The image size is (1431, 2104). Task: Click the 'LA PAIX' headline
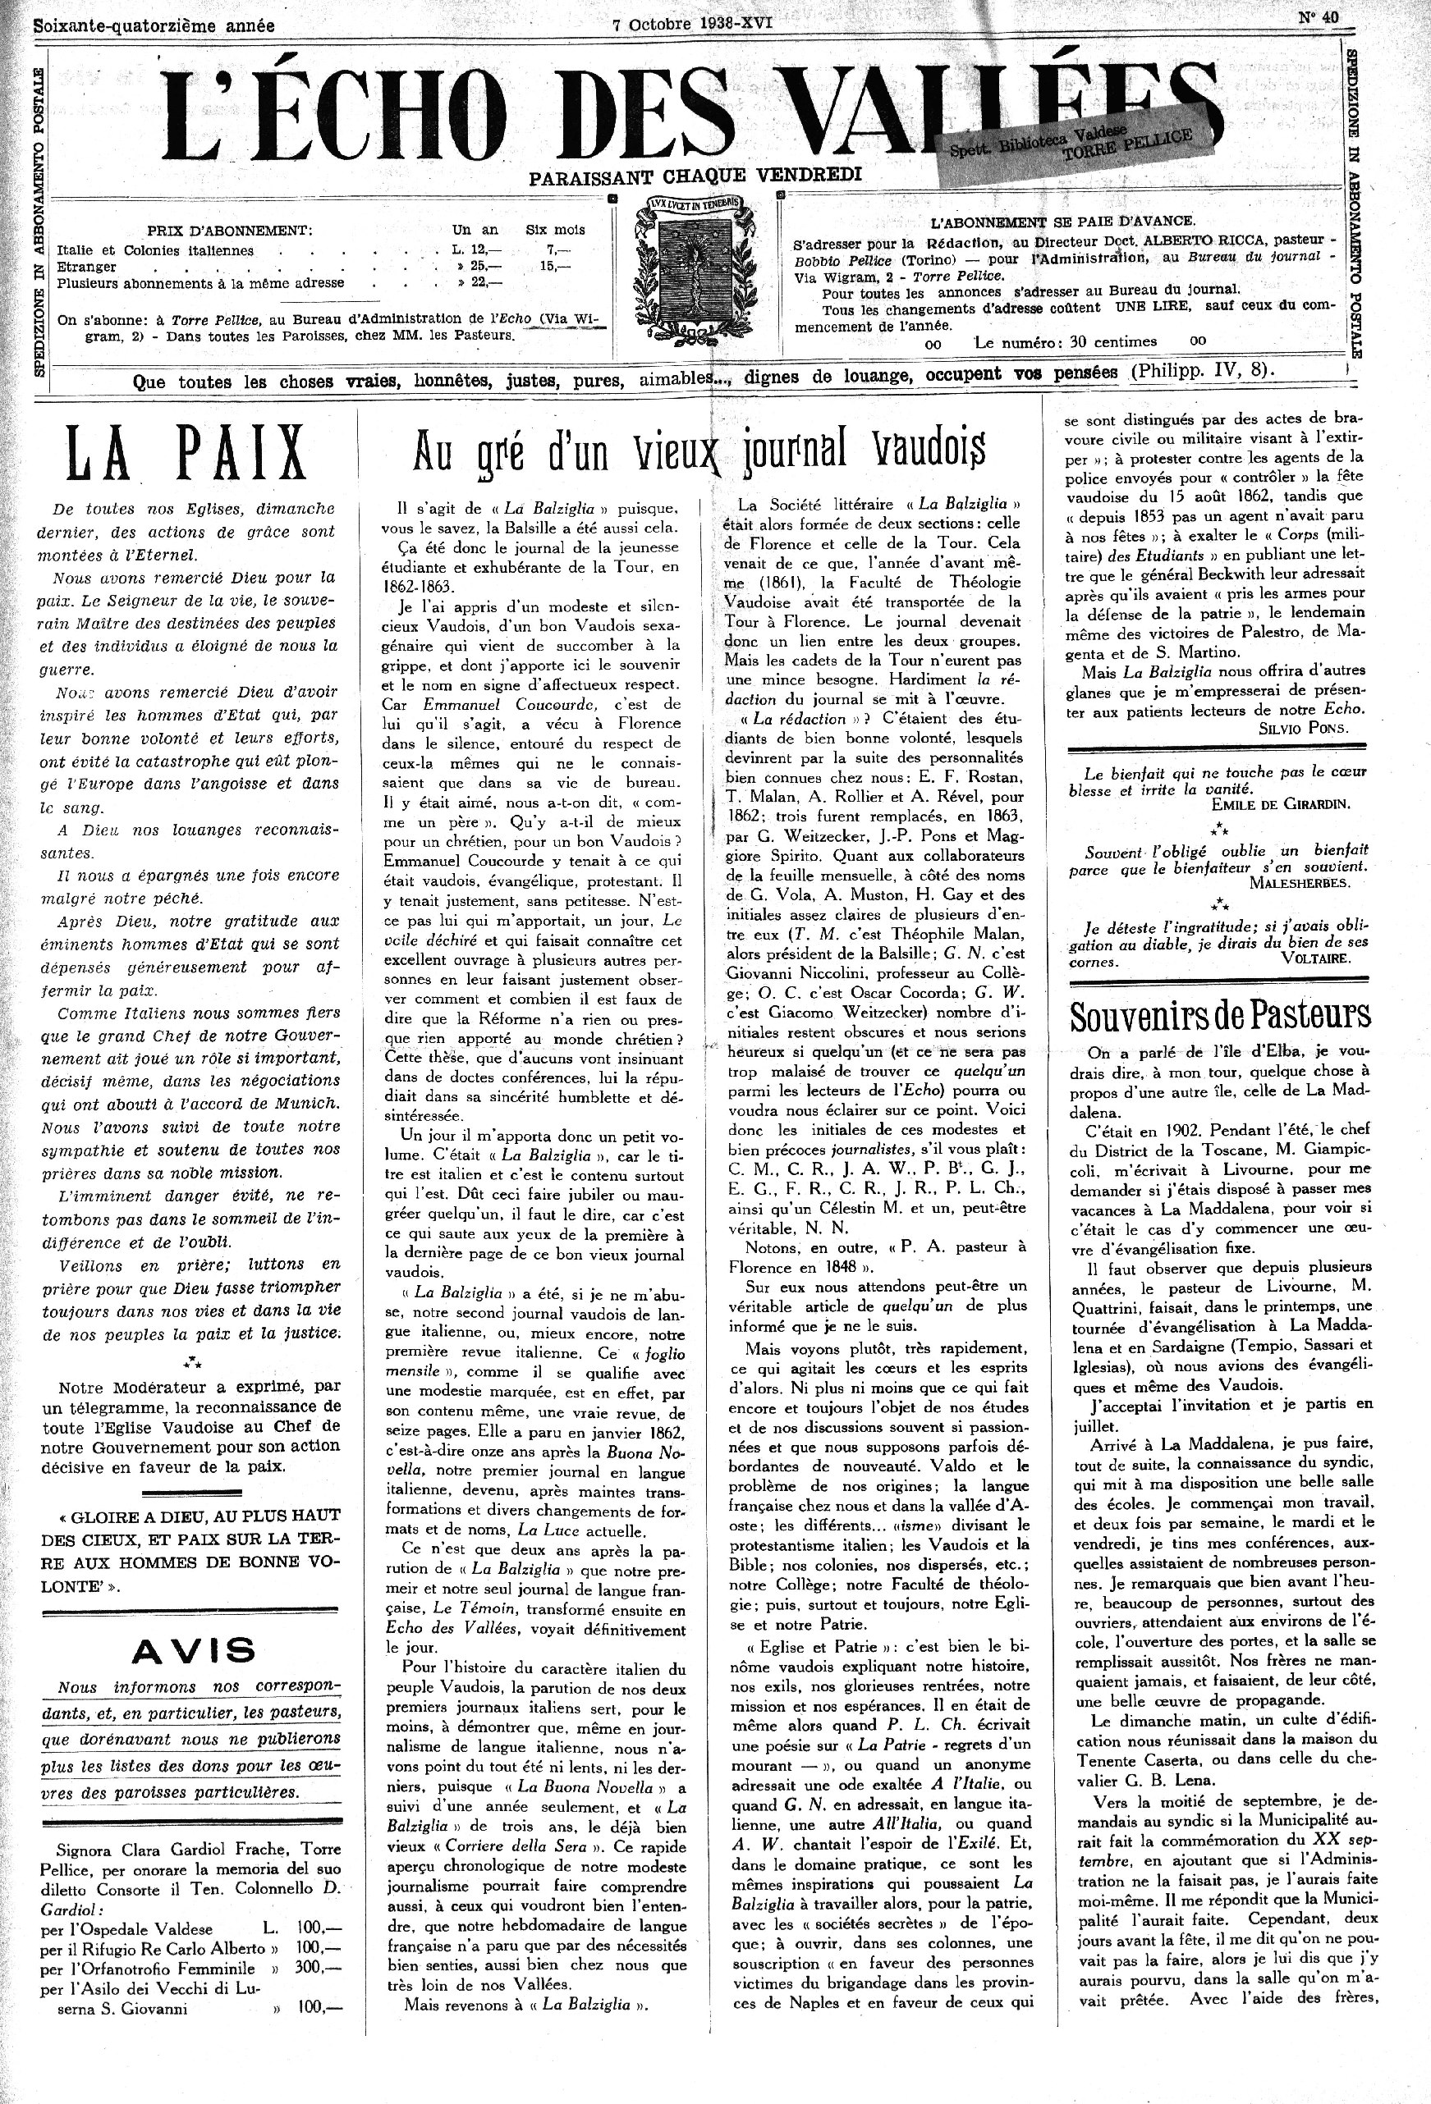(x=187, y=453)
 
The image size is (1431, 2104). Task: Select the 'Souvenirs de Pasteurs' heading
(x=1220, y=1017)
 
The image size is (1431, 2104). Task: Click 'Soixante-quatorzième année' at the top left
(x=154, y=25)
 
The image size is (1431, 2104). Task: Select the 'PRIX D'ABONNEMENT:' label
(x=230, y=230)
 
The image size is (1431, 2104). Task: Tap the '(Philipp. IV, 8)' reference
(x=1203, y=370)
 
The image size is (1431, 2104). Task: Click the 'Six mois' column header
(x=555, y=230)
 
